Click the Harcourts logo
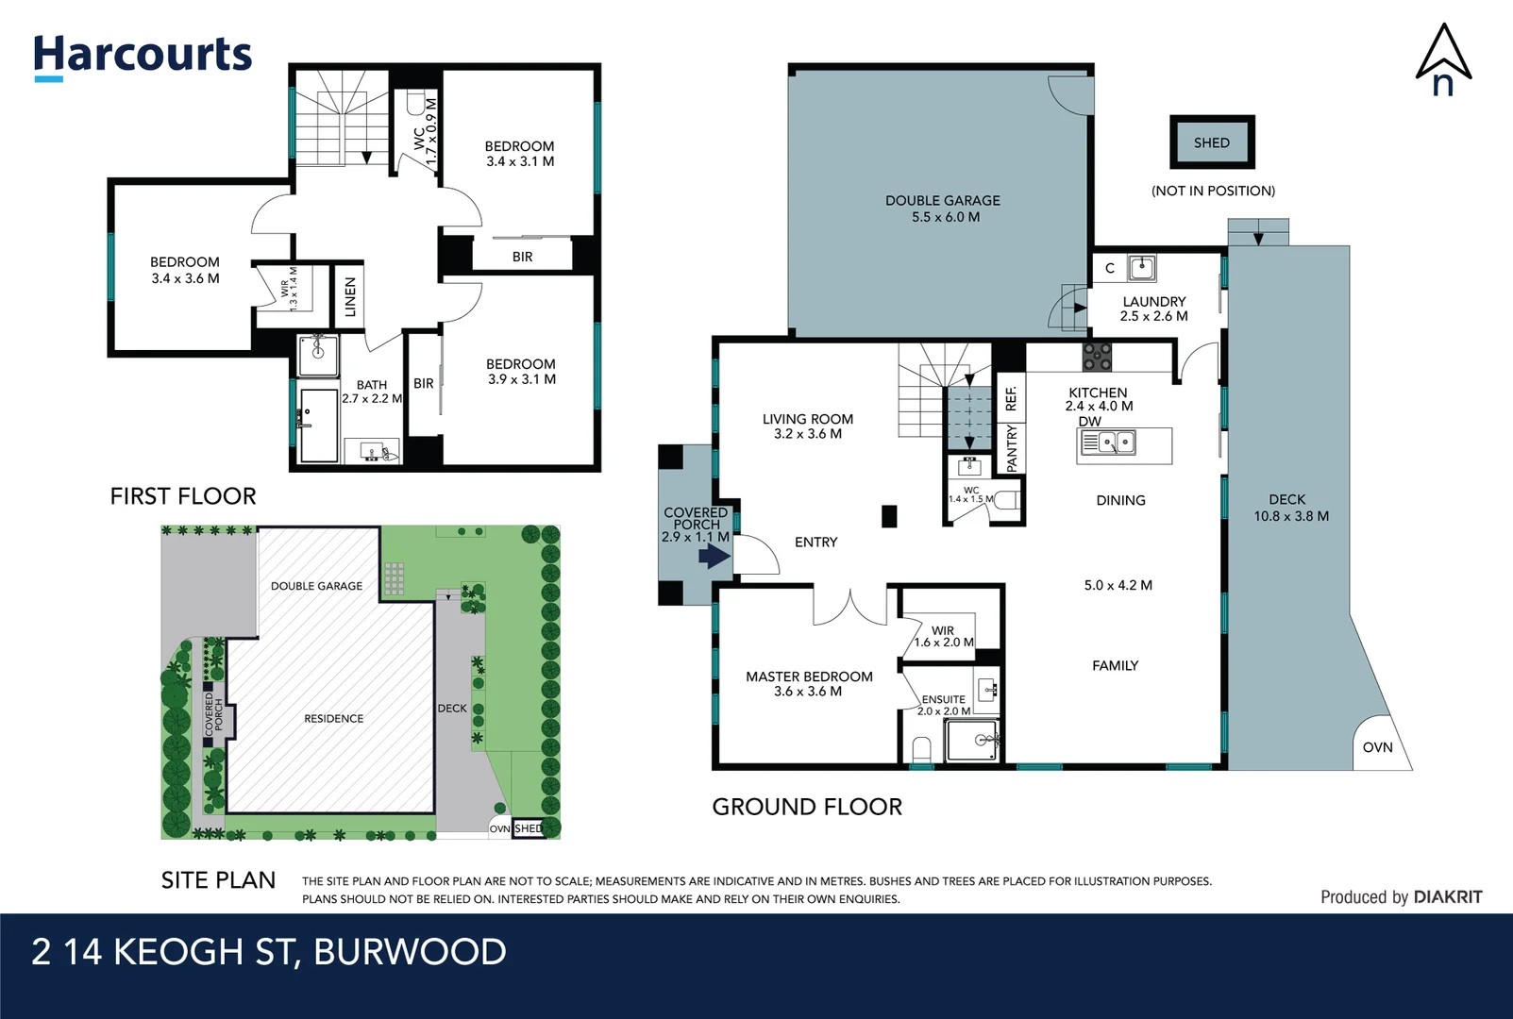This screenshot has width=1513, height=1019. click(143, 56)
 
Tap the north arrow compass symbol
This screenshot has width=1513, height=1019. click(1443, 60)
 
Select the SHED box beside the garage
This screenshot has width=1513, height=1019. click(1212, 142)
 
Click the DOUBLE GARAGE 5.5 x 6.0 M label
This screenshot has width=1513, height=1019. click(943, 209)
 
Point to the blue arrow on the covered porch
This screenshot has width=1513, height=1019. click(714, 557)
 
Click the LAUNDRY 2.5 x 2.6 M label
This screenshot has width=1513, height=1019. click(1153, 309)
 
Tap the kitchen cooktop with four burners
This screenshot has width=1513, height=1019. click(1097, 357)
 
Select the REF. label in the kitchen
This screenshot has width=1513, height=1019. click(1011, 397)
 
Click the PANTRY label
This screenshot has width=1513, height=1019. click(1012, 447)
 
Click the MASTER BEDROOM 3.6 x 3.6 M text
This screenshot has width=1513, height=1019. click(809, 684)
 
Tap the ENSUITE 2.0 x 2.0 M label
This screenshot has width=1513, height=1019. click(944, 705)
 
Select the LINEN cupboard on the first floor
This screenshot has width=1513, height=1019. click(350, 296)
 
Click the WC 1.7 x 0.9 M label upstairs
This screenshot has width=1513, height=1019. click(426, 133)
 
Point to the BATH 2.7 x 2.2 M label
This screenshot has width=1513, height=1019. click(372, 392)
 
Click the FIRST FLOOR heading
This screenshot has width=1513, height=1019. click(183, 496)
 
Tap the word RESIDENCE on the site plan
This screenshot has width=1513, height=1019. click(333, 719)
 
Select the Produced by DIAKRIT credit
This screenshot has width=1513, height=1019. click(1401, 897)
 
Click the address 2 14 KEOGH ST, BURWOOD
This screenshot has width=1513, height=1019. click(269, 952)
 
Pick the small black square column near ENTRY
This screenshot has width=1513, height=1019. click(888, 516)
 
